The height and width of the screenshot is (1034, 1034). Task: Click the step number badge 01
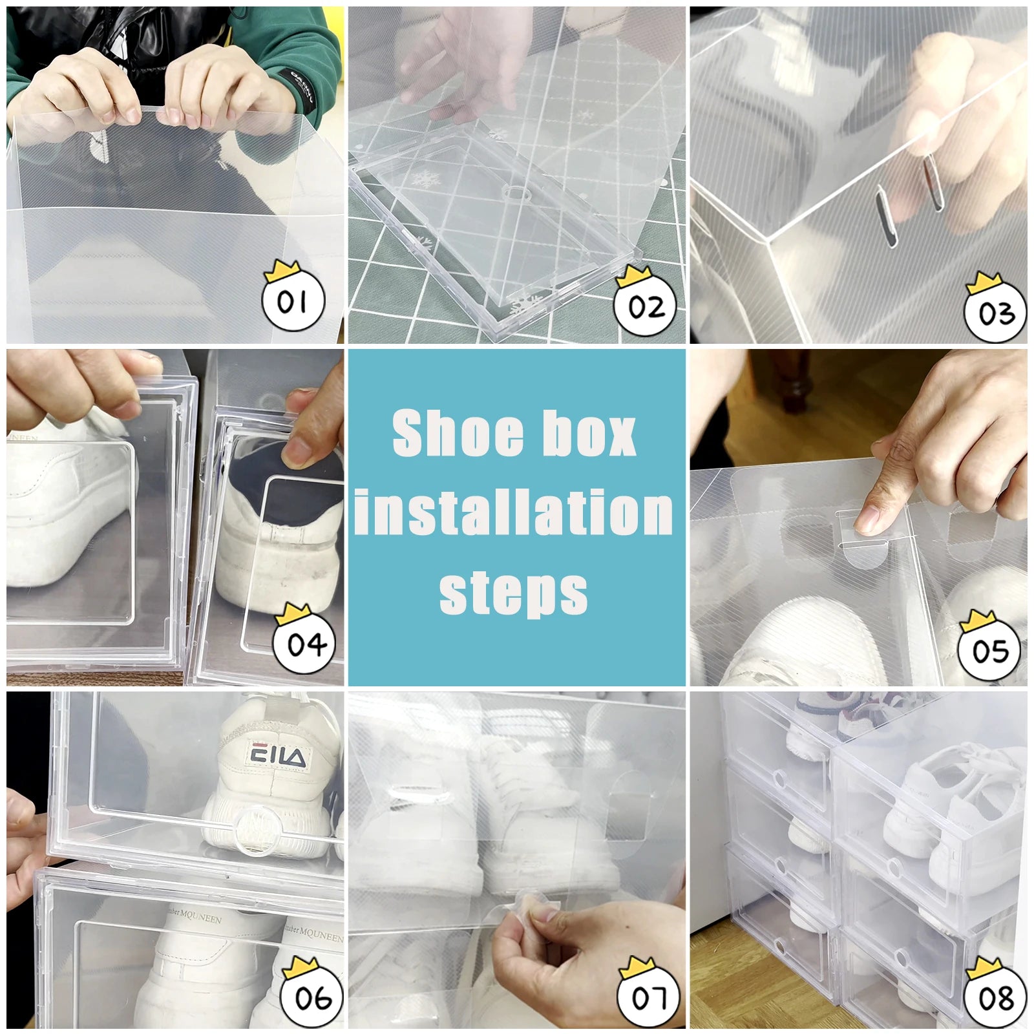293,301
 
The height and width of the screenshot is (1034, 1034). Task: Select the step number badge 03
996,313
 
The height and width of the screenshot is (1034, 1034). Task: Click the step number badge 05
990,650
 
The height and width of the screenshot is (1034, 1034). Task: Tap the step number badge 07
649,997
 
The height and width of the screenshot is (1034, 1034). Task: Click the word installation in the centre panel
514,512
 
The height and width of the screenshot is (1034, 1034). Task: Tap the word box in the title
588,433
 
